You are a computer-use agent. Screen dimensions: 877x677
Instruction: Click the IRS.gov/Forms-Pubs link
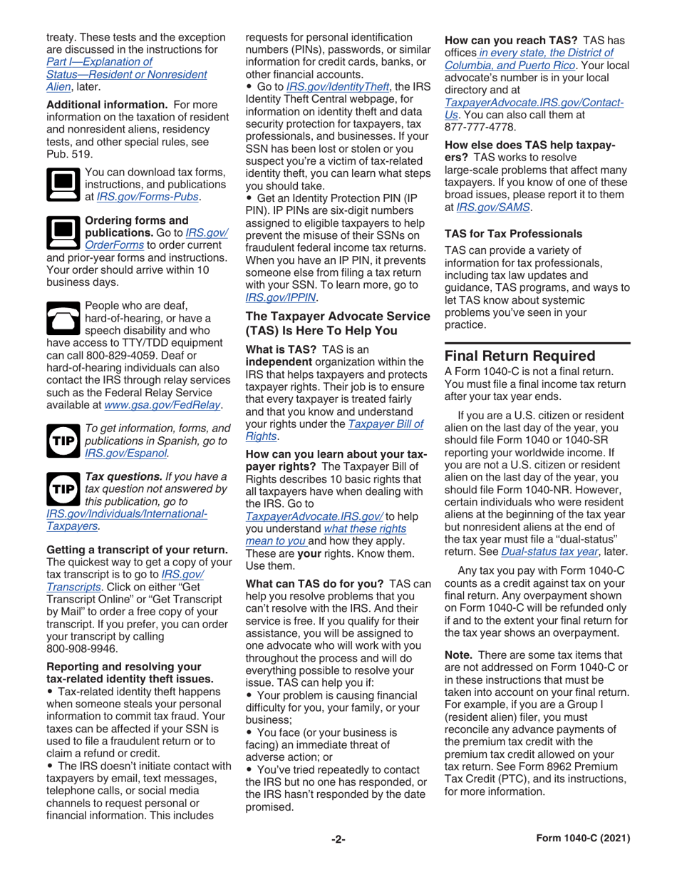pos(162,197)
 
